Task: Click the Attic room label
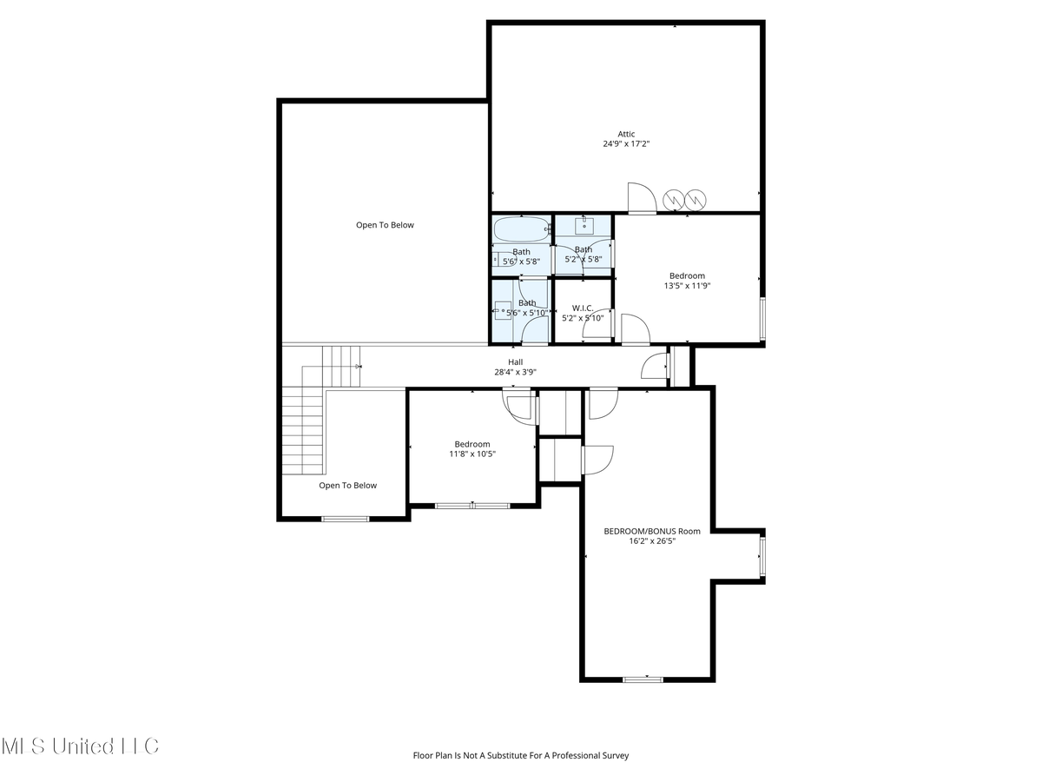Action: point(626,134)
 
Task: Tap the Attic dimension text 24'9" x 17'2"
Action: point(626,144)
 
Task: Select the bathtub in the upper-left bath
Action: point(521,230)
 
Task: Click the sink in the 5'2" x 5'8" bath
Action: point(584,226)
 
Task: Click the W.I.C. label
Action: point(583,308)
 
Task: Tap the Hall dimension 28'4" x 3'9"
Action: point(515,373)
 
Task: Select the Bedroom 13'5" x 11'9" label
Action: point(687,276)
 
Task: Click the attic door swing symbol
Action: point(641,198)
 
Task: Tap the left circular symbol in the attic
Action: point(675,201)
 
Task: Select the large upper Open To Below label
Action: point(385,225)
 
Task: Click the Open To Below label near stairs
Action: point(347,486)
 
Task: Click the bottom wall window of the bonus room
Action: point(643,679)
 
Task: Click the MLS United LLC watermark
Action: point(80,746)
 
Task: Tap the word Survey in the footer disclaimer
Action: point(612,756)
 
